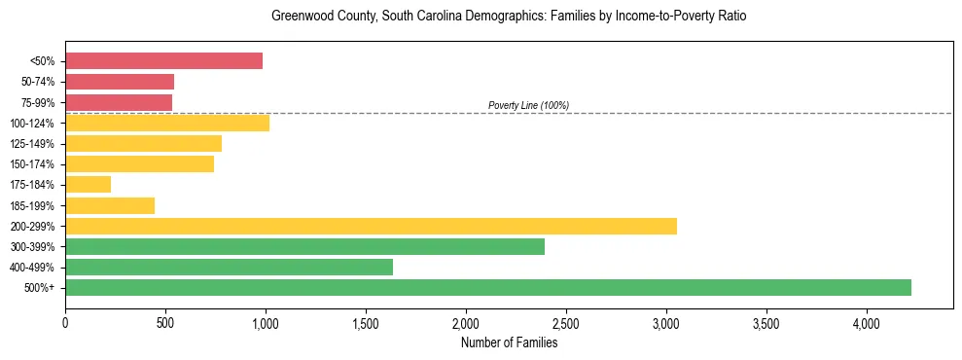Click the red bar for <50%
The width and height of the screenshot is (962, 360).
pyautogui.click(x=163, y=61)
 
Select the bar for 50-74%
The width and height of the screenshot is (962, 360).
pyautogui.click(x=120, y=82)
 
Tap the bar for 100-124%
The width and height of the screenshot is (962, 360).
pyautogui.click(x=167, y=123)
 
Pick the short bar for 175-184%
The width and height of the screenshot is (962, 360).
pyautogui.click(x=88, y=184)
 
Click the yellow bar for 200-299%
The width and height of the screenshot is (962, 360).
pyautogui.click(x=371, y=226)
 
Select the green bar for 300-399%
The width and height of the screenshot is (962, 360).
pyautogui.click(x=304, y=246)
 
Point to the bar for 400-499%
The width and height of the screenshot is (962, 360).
pyautogui.click(x=229, y=267)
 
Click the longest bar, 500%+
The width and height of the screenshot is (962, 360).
pyautogui.click(x=488, y=287)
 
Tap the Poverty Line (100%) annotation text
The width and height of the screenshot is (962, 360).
pyautogui.click(x=528, y=105)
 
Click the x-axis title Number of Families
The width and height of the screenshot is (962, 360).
pyautogui.click(x=509, y=342)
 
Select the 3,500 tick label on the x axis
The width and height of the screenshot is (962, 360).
pyautogui.click(x=766, y=323)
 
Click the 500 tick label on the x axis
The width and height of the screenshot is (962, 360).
pyautogui.click(x=165, y=323)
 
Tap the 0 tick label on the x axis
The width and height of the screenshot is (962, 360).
pyautogui.click(x=65, y=323)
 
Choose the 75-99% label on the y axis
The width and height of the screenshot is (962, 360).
pyautogui.click(x=37, y=102)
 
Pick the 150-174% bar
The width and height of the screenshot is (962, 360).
pyautogui.click(x=139, y=163)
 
